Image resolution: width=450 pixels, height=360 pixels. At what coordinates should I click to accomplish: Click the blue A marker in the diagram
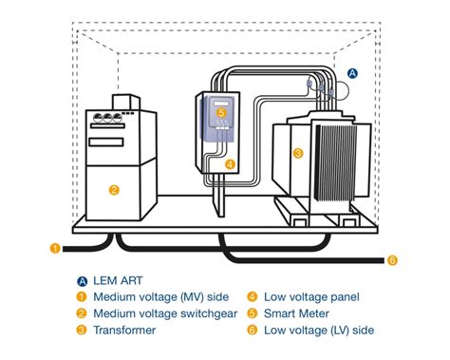352,72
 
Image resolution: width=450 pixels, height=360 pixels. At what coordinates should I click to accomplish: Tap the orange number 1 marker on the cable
55,250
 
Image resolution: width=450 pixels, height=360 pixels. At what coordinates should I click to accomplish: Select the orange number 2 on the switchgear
114,189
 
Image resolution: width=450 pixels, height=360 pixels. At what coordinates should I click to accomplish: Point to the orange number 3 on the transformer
297,152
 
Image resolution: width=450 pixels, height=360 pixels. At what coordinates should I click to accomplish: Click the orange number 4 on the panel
230,163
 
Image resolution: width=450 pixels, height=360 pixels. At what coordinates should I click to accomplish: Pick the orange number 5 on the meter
221,112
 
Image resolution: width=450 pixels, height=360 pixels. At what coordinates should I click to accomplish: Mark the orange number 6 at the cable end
392,260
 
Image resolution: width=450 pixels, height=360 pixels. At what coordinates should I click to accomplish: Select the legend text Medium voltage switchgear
156,313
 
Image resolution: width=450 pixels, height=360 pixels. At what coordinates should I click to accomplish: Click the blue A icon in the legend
83,280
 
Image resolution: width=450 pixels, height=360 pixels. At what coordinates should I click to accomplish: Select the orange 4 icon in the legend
252,296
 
